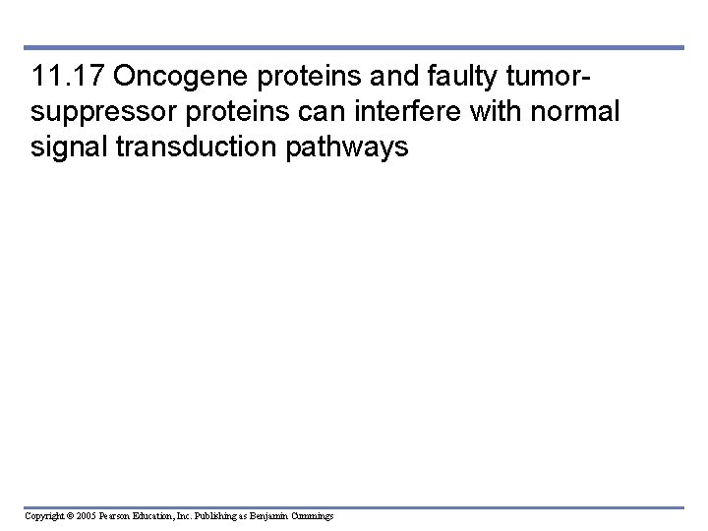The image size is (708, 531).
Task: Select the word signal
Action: point(66,147)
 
